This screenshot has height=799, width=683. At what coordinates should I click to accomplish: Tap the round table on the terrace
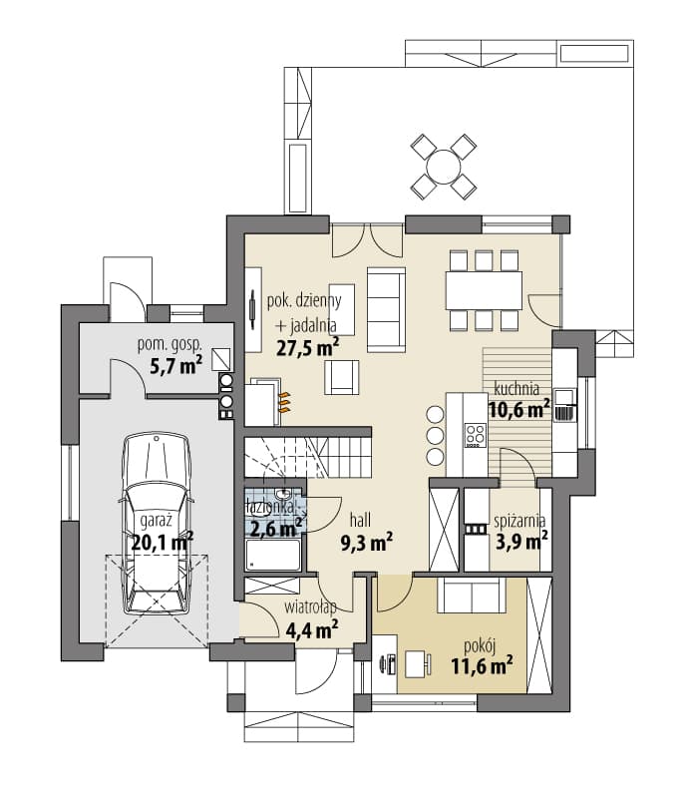tap(444, 167)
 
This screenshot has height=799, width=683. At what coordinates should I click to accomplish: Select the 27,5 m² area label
tap(308, 348)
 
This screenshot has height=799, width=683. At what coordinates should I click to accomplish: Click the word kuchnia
tap(516, 388)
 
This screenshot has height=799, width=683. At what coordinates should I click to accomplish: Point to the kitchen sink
tap(563, 405)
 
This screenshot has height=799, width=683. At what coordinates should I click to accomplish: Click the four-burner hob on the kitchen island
tap(476, 436)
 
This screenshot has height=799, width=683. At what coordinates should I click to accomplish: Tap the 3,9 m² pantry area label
tap(521, 542)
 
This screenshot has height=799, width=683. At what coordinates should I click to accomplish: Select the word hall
tap(360, 521)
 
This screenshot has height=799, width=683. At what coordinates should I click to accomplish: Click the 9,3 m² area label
tap(366, 544)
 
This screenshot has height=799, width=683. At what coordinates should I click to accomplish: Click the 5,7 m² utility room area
tap(176, 365)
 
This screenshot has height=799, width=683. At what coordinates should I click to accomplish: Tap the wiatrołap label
tap(310, 607)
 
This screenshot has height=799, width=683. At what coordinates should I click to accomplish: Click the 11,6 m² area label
tap(482, 665)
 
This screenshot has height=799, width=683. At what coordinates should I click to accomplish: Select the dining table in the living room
tap(484, 290)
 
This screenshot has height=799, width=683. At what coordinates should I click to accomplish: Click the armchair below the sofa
tap(342, 378)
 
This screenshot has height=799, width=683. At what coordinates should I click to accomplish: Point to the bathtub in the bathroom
tap(273, 555)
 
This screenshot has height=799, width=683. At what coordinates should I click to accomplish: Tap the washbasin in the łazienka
tap(282, 494)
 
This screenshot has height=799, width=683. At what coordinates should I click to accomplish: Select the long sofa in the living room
tap(387, 310)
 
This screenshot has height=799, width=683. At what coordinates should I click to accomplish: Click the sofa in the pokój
tap(472, 596)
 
